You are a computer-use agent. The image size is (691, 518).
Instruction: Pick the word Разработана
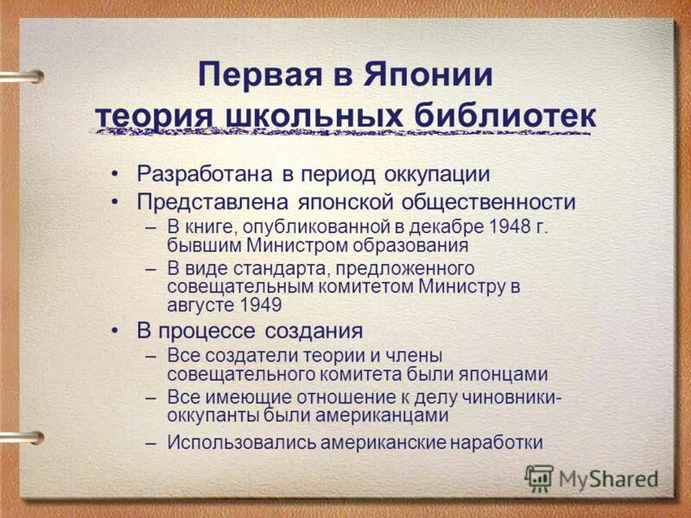[204, 174]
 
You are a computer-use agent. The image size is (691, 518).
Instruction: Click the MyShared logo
[593, 477]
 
